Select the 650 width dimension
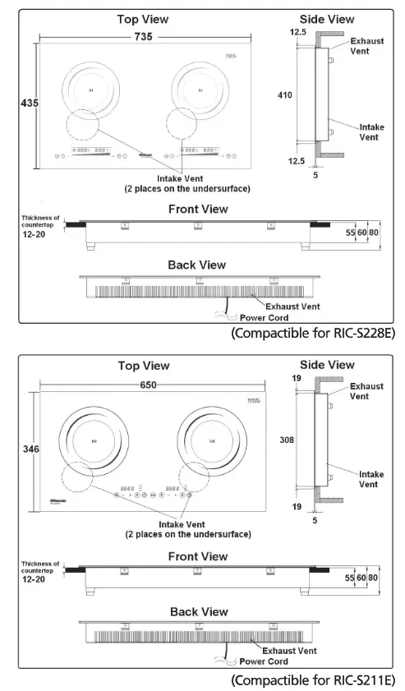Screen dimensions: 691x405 [150, 384]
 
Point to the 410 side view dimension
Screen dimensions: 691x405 [285, 95]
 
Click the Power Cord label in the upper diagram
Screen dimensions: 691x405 [264, 317]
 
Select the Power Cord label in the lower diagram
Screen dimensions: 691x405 [264, 661]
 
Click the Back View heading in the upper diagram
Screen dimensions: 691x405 [196, 265]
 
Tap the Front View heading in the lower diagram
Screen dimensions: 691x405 [197, 556]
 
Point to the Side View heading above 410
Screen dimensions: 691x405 [327, 19]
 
